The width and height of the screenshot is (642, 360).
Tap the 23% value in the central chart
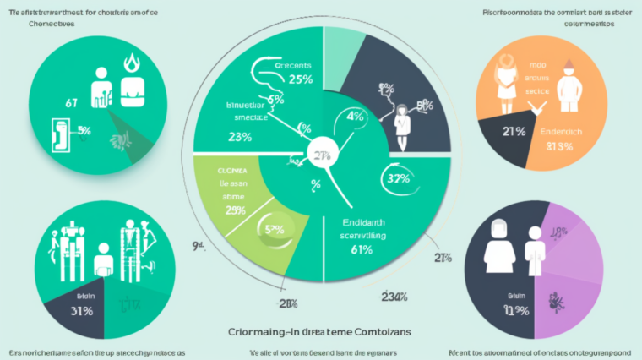click(x=241, y=137)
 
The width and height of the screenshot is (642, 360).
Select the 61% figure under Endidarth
click(x=361, y=250)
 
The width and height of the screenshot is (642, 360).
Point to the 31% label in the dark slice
click(x=81, y=312)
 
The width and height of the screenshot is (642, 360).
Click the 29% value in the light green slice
click(x=236, y=210)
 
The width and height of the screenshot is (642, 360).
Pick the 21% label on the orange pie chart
click(x=514, y=131)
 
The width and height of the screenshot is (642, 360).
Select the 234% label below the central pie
click(x=394, y=296)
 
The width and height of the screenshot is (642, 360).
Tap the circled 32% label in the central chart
click(x=397, y=178)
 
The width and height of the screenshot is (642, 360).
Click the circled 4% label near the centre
click(x=356, y=117)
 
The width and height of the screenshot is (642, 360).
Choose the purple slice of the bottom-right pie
click(x=574, y=262)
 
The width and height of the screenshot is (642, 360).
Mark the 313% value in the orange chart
click(x=559, y=146)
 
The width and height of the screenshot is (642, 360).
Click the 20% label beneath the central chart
click(x=289, y=303)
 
